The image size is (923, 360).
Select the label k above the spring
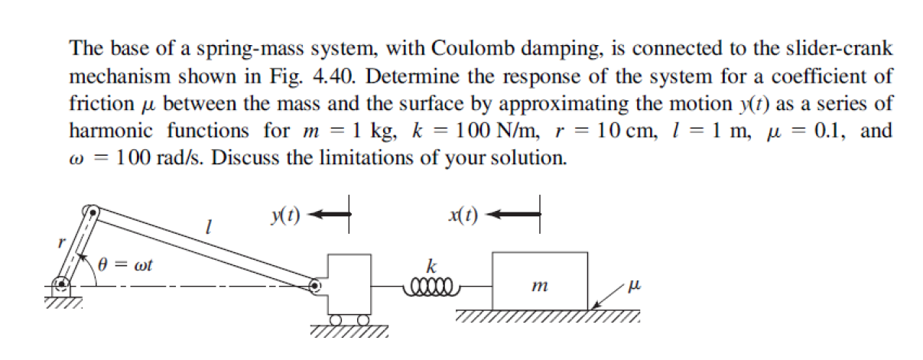(432, 268)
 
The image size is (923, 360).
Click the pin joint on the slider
(315, 287)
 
